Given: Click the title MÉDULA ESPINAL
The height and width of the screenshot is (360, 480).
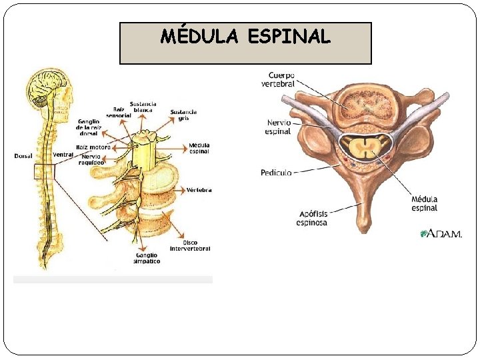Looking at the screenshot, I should (245, 37).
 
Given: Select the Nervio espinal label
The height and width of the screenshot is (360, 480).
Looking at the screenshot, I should (279, 127).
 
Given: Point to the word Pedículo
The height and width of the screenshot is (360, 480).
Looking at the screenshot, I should (276, 173).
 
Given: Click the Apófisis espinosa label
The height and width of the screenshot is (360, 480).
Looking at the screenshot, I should (311, 218).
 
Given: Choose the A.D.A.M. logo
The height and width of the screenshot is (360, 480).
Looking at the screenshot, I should (441, 233).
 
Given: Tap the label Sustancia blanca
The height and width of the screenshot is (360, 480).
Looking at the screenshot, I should (143, 107).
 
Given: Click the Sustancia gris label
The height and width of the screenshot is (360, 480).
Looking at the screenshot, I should (183, 115).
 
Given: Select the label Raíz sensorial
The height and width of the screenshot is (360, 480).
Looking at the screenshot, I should (118, 112).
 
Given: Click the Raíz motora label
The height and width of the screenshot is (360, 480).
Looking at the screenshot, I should (93, 147).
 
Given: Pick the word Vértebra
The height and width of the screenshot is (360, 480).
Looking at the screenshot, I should (199, 190).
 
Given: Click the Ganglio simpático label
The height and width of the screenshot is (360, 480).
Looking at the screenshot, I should (145, 258).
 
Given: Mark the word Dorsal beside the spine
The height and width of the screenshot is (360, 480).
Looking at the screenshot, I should (23, 156).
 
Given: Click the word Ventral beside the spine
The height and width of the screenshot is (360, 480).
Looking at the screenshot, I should (63, 155).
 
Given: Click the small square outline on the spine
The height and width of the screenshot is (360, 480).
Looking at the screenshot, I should (44, 172).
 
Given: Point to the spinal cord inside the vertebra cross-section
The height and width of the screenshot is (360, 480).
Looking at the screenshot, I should (364, 149).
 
